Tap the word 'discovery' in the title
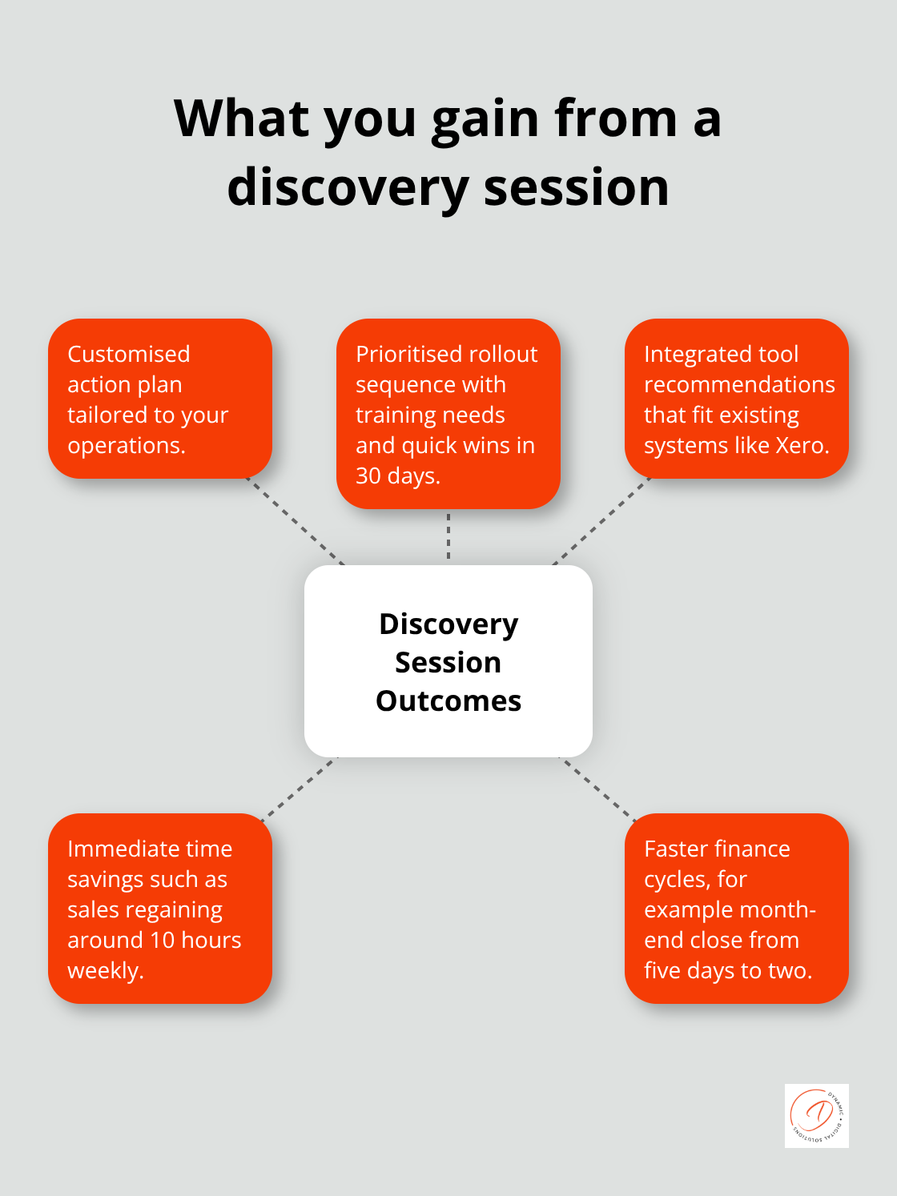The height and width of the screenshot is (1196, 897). [347, 188]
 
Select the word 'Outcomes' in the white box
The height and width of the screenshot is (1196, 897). [448, 701]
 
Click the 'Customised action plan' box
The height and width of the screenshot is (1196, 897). [160, 399]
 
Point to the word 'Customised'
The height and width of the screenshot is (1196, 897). [129, 354]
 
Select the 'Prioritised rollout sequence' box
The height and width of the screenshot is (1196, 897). [448, 414]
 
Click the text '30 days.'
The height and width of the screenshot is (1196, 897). [398, 476]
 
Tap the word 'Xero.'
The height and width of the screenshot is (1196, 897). [802, 445]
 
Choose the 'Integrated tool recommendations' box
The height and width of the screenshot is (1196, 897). [737, 399]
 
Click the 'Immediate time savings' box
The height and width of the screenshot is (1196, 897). [160, 909]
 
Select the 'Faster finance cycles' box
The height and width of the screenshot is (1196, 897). [737, 909]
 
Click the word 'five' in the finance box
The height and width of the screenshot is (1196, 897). [662, 970]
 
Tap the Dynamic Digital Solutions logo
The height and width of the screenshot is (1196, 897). [816, 1115]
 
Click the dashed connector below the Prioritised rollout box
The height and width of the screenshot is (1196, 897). [448, 536]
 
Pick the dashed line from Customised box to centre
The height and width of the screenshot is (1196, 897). [296, 522]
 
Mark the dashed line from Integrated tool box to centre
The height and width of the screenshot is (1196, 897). [601, 522]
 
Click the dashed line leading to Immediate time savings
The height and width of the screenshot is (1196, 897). [299, 788]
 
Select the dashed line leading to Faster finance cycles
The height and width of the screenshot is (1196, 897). [598, 788]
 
